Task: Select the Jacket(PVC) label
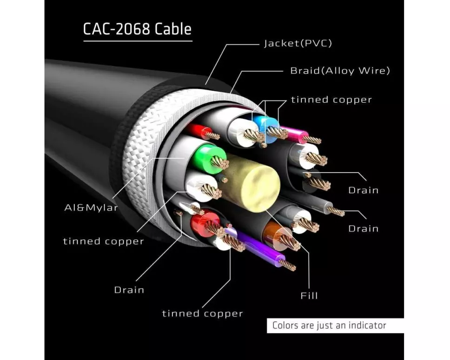(x=298, y=44)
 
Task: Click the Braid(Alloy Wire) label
(x=340, y=71)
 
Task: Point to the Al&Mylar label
(x=91, y=207)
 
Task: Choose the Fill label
(x=309, y=295)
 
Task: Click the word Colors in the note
(x=286, y=326)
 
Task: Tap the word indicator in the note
(x=367, y=326)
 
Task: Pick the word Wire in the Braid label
(x=375, y=71)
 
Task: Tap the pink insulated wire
(x=298, y=135)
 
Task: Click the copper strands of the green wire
(x=219, y=162)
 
